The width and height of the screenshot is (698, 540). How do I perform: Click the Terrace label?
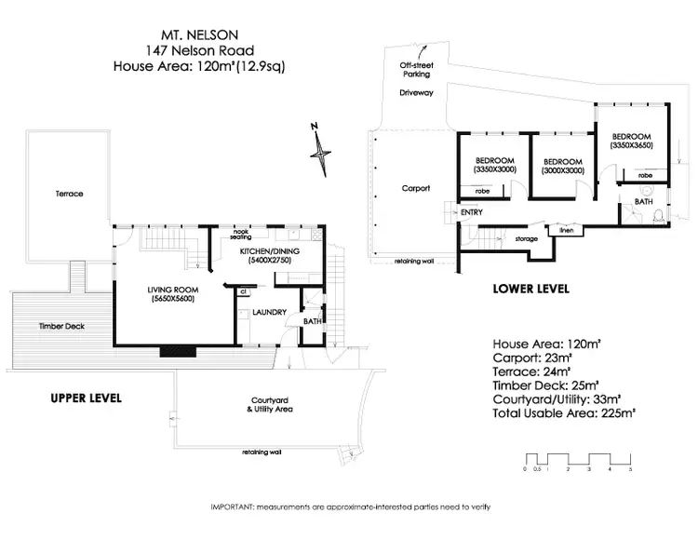69,194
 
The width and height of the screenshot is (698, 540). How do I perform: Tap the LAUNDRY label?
267,312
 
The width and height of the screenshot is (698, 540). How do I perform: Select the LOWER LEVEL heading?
530,290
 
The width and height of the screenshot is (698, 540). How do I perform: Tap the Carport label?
415,188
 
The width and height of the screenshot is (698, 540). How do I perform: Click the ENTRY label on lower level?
472,212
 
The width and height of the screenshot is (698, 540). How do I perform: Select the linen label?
564,228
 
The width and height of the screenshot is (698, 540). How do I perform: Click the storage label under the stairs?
527,238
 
